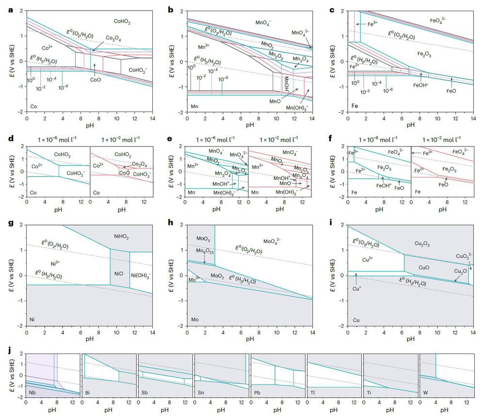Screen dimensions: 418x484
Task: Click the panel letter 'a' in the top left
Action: coord(11,8)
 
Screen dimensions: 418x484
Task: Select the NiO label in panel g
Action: coord(119,273)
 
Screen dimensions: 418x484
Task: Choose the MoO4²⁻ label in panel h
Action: coord(273,241)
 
